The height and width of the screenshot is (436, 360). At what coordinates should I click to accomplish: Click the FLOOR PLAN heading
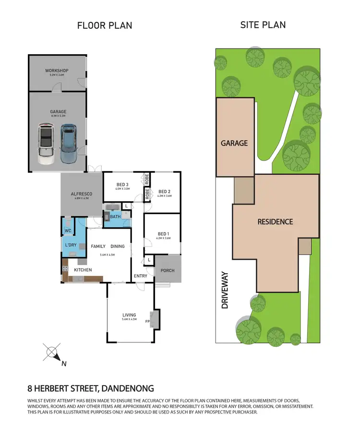tap(105, 25)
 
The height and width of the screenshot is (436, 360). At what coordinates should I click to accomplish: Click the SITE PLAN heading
tap(263, 24)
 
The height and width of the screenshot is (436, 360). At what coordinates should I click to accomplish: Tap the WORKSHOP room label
tap(57, 71)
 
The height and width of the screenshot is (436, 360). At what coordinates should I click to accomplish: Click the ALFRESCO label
tap(81, 194)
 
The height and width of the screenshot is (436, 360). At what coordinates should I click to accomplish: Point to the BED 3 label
tap(122, 185)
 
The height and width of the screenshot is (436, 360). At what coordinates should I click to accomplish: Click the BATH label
tap(115, 217)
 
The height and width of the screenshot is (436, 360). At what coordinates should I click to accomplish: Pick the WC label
tap(68, 230)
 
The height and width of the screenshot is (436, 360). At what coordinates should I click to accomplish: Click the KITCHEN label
tap(83, 270)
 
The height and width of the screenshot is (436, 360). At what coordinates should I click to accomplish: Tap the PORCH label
tap(168, 270)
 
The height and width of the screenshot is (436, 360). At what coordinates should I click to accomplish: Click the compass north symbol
tap(52, 353)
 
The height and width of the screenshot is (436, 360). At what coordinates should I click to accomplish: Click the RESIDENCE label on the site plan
tap(275, 222)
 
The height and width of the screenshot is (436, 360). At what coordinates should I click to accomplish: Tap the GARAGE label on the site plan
tap(234, 143)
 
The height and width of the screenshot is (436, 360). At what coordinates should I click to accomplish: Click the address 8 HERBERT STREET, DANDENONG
tap(91, 388)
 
